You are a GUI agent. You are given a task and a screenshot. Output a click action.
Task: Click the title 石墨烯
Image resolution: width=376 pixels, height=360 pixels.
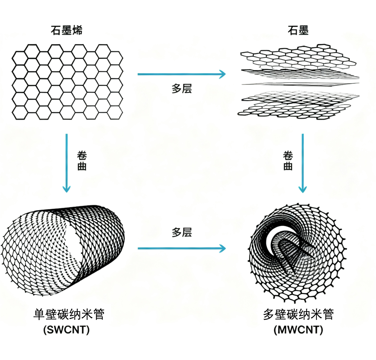pyautogui.click(x=66, y=30)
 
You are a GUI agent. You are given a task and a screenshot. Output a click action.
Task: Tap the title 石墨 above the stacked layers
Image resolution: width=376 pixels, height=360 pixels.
pyautogui.click(x=298, y=30)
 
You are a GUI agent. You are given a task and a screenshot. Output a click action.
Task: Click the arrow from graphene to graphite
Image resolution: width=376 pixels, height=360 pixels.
pyautogui.click(x=181, y=74)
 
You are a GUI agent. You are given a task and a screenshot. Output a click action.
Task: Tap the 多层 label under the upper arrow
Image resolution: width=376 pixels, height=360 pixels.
pyautogui.click(x=182, y=89)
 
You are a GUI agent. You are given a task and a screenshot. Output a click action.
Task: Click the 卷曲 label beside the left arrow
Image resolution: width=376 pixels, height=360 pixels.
pyautogui.click(x=82, y=161)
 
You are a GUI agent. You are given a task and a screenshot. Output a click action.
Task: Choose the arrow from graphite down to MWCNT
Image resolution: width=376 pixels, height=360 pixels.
pyautogui.click(x=302, y=163)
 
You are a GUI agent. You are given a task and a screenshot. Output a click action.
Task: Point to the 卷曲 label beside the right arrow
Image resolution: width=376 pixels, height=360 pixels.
pyautogui.click(x=288, y=161)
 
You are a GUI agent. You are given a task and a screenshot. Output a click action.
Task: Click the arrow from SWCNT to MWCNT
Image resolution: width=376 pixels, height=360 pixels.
pyautogui.click(x=181, y=248)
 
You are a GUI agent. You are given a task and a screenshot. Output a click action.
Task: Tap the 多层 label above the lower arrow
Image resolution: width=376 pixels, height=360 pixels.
pyautogui.click(x=182, y=232)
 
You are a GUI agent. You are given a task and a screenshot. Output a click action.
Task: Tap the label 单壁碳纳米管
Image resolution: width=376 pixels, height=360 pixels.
pyautogui.click(x=69, y=314)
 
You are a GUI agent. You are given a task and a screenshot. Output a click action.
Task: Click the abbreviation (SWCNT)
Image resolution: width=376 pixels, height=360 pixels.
pyautogui.click(x=67, y=330)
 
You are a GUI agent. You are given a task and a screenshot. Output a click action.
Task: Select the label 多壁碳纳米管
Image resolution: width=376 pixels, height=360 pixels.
pyautogui.click(x=298, y=314)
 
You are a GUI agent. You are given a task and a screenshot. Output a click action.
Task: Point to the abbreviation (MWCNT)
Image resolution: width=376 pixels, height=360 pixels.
pyautogui.click(x=298, y=330)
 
